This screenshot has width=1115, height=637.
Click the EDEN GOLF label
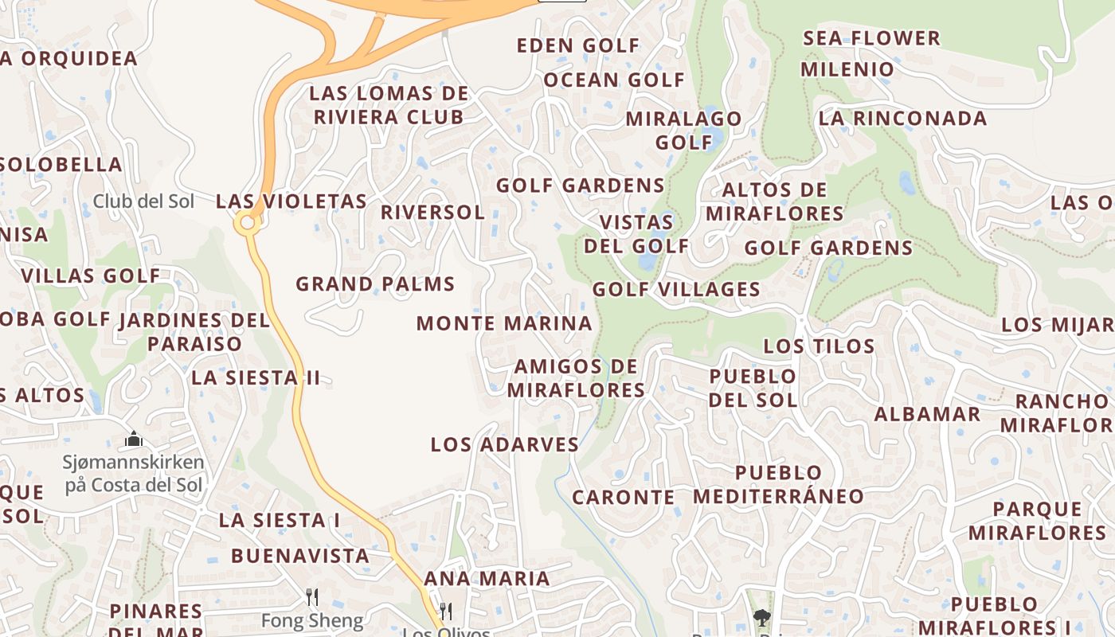coord(578,45)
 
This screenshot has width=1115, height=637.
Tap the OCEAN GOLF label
coord(614,80)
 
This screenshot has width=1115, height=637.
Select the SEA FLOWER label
coord(871,38)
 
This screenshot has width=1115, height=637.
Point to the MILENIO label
coord(847,69)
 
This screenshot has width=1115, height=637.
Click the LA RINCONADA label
coord(902,119)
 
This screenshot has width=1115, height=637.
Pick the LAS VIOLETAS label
coord(291,201)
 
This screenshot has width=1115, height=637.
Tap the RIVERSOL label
coord(432,213)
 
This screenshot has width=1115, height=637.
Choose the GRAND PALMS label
coord(375,284)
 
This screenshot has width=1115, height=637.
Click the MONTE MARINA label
coord(504,324)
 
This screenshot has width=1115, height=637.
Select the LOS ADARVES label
coord(504,445)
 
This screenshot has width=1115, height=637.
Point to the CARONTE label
coord(624,498)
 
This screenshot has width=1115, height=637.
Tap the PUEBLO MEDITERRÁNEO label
coord(778,485)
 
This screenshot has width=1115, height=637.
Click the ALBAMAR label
coord(927,414)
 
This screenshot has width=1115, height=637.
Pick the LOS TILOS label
coord(819,346)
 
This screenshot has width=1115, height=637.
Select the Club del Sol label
coord(143,201)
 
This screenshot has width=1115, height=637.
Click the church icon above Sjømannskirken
coord(134,439)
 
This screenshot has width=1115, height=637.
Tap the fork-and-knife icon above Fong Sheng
coord(312,596)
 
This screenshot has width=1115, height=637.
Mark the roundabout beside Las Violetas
coord(248,223)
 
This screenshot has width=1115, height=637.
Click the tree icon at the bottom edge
coord(762,616)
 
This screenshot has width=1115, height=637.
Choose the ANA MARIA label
coord(487,579)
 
